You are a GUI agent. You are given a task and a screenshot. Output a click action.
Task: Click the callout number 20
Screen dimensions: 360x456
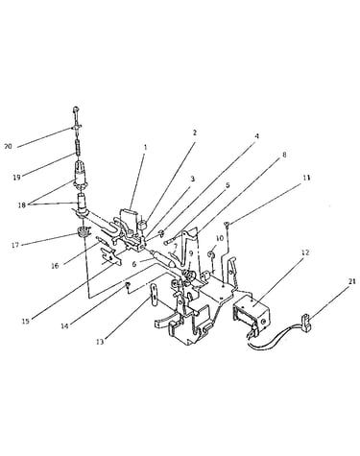click(x=8, y=147)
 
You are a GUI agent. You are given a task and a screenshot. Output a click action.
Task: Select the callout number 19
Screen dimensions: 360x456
click(x=16, y=177)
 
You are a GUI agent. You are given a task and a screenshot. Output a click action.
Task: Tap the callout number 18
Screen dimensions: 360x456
click(x=21, y=205)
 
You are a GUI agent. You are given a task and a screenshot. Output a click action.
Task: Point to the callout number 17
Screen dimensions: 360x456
click(x=15, y=245)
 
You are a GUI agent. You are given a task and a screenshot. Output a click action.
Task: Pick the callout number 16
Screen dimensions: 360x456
click(x=55, y=266)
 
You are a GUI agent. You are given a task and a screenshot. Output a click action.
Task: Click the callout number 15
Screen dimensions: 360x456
click(x=26, y=321)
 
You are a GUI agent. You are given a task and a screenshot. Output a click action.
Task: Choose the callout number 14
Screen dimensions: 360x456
click(x=64, y=326)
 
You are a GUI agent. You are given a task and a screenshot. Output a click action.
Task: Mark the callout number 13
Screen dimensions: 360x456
click(x=100, y=342)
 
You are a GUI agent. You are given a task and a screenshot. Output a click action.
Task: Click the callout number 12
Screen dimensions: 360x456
click(x=305, y=252)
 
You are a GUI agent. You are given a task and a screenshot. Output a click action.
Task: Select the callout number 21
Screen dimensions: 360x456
click(x=351, y=282)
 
